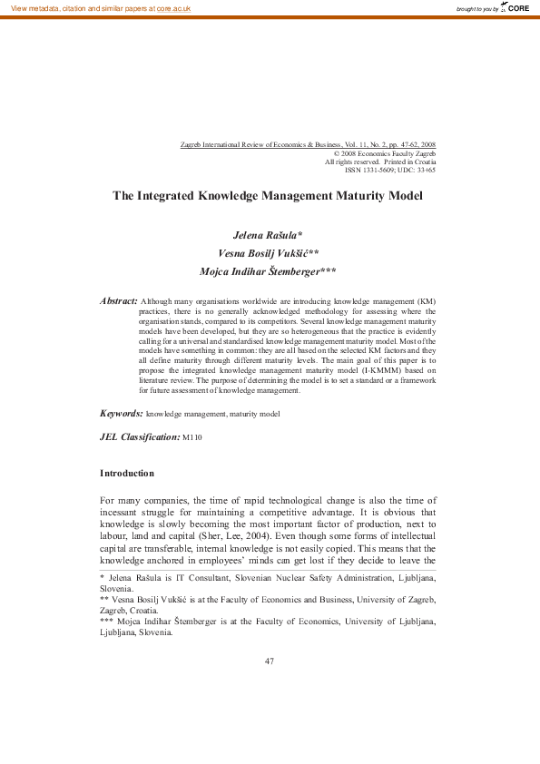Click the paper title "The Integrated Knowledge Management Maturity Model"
[x=269, y=195]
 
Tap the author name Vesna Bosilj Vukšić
[x=268, y=253]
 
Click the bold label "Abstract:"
[x=118, y=300]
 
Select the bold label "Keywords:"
[x=122, y=413]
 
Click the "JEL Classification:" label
[x=140, y=437]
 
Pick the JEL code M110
[x=192, y=438]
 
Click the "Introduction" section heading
[x=127, y=474]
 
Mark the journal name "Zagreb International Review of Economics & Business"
[x=264, y=145]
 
